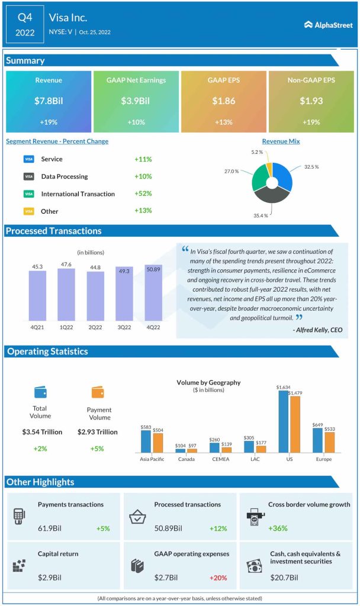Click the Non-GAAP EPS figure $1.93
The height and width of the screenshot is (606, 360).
coord(311,101)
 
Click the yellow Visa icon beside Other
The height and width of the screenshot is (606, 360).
coord(28,211)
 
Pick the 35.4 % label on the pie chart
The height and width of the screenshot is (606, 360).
coord(261,215)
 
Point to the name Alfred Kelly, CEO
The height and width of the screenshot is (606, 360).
coord(317,330)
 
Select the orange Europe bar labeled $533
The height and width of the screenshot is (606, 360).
coord(329,442)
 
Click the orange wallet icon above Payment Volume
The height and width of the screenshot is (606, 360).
coord(98,392)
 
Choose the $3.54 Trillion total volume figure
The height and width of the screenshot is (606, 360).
coord(41,432)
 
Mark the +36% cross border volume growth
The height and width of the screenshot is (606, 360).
coord(278,528)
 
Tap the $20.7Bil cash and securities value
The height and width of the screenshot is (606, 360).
coord(285,577)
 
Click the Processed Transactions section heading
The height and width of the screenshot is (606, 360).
coord(54,231)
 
